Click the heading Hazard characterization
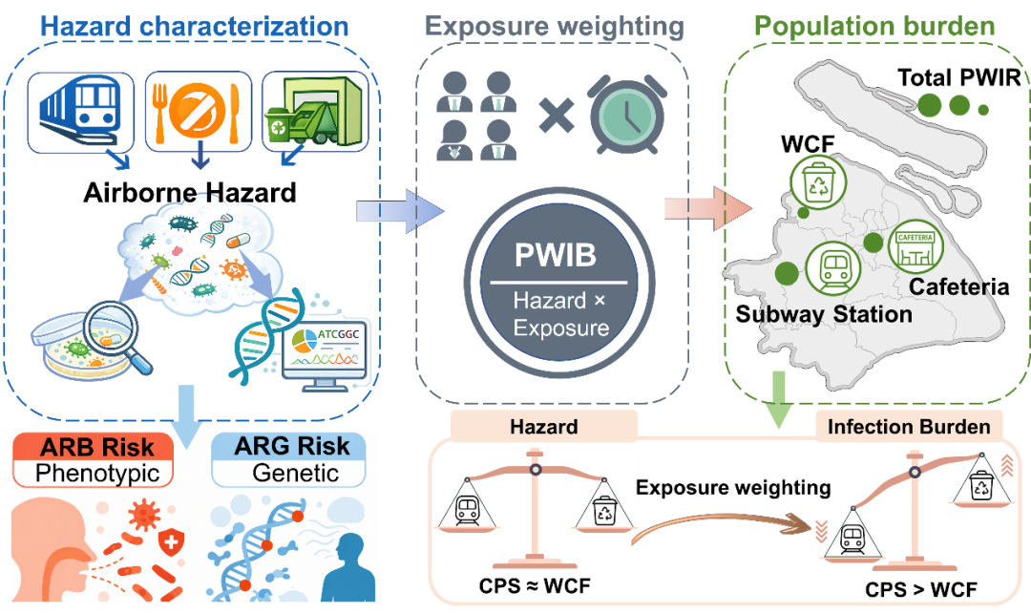coord(195,27)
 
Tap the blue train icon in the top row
coord(79,109)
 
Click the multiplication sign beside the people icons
coord(557,115)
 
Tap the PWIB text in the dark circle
coord(556,255)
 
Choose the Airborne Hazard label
coord(190,193)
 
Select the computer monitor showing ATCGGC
coord(325,355)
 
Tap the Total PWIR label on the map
coord(958,77)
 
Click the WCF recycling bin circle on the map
coord(819,183)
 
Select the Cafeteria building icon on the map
coord(915,247)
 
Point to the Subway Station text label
coord(824,313)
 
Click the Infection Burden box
coord(909,427)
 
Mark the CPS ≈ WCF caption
coord(535,585)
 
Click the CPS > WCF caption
coord(921,589)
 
